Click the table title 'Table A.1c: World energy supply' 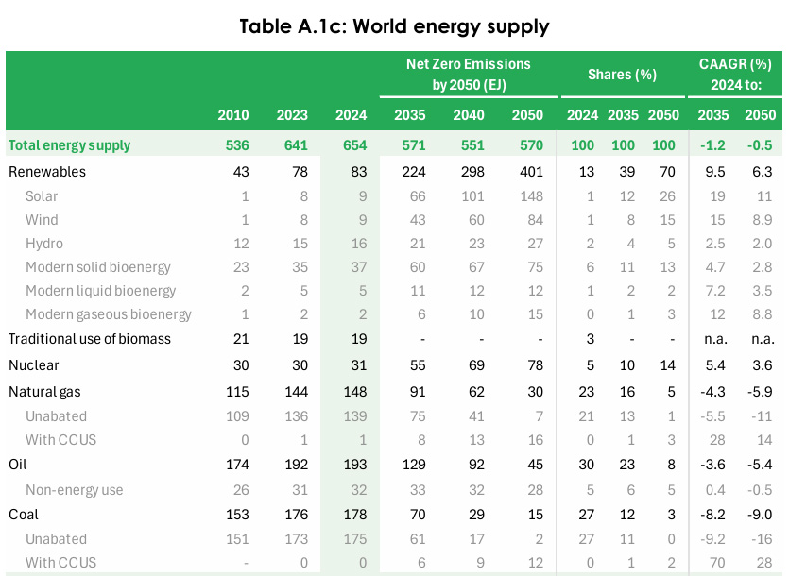[394, 25]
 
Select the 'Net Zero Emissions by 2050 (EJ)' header [469, 75]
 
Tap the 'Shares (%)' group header [622, 75]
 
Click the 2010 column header [233, 115]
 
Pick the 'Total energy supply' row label [69, 145]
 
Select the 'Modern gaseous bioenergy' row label [109, 314]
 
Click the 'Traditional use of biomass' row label [89, 338]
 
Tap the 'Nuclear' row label [34, 364]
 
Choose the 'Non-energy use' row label [75, 490]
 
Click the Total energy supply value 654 [351, 145]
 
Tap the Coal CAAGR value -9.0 [758, 515]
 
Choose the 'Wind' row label [42, 220]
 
